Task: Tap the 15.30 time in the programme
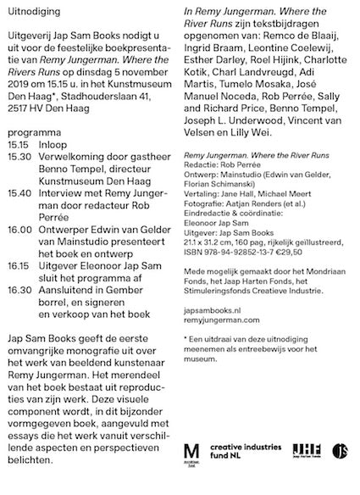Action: (18, 158)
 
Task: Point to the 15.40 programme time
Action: (18, 193)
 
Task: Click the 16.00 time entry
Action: (19, 229)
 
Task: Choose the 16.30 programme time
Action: (19, 289)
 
